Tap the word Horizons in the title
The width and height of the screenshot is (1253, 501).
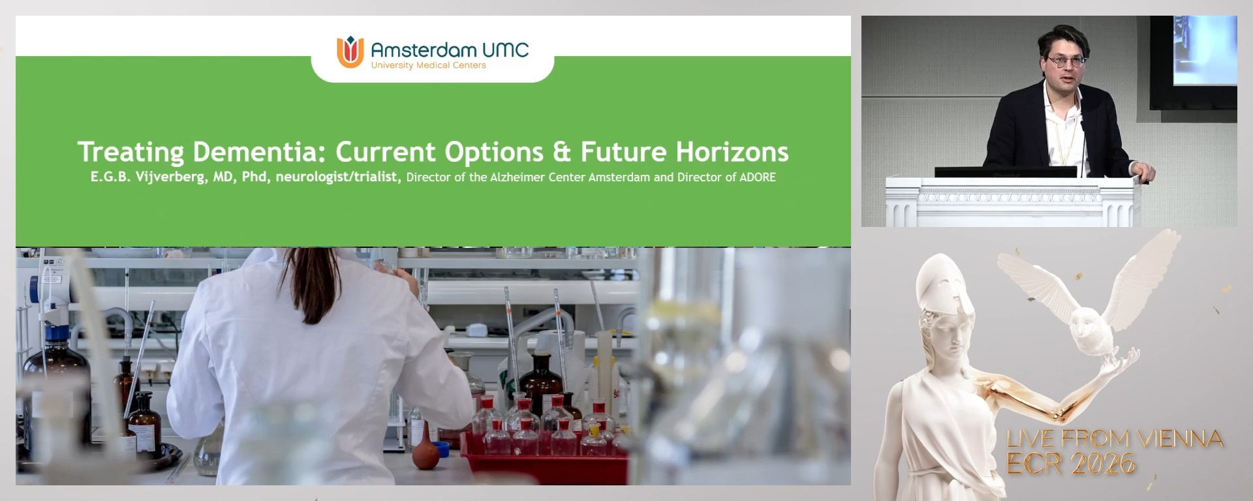coord(732,152)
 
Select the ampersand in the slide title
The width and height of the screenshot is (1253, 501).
coord(561,152)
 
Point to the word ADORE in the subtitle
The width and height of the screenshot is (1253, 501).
coord(758,177)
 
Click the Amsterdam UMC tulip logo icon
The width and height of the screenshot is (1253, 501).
coord(350,52)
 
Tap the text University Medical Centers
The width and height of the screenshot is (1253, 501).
coord(428,65)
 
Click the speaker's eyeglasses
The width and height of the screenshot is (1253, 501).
coord(1066,61)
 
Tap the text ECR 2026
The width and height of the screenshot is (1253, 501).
coord(1070,464)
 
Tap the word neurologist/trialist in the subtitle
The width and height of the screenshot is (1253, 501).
coord(337,177)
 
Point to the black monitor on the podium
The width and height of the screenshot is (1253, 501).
coord(1005,172)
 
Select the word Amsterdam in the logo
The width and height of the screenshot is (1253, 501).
coord(423,50)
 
